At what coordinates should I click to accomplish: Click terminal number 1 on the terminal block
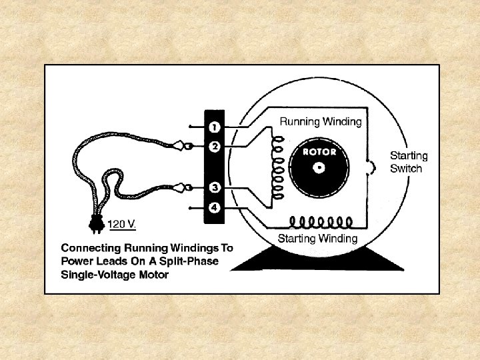[215, 125]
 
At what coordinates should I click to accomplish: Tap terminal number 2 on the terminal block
[215, 146]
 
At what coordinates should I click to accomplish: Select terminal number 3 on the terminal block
[215, 187]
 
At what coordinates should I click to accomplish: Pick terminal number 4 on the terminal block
[215, 207]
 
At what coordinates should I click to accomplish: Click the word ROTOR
[320, 151]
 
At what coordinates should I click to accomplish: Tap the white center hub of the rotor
[320, 167]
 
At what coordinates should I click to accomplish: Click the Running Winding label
[320, 122]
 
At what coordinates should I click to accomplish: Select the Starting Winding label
[317, 238]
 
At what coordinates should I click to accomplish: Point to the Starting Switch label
[408, 162]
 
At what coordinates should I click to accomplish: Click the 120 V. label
[122, 224]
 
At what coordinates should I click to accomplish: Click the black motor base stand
[301, 259]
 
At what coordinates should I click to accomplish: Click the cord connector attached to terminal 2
[182, 146]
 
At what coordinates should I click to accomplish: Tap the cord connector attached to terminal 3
[181, 187]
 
